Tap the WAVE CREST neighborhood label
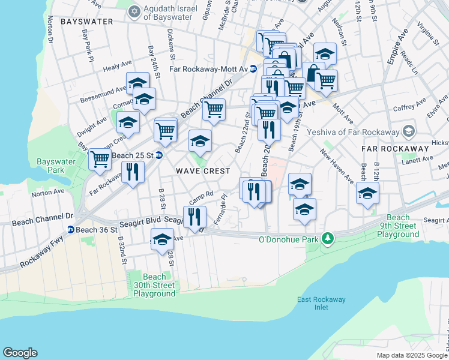pos(203,171)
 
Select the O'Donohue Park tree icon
pos(327,239)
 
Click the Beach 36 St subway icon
pos(70,230)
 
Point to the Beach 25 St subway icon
pos(159,155)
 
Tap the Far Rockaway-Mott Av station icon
pos(253,69)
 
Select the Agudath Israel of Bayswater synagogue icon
pos(134,11)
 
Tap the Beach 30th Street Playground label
pos(154,285)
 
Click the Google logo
pos(20,353)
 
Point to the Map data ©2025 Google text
pos(411,355)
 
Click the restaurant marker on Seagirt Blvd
pos(194,217)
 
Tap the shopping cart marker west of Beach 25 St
pos(100,159)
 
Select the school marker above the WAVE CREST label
pos(200,140)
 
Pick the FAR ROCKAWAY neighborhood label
pos(395,148)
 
